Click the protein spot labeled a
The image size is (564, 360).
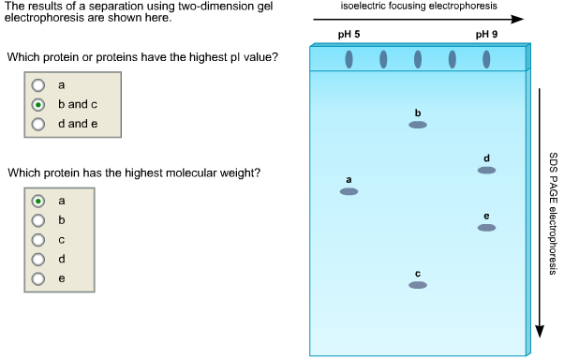(349, 191)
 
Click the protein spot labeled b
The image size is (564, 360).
(418, 124)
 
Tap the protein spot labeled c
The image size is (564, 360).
(418, 285)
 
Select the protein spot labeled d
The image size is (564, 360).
(486, 170)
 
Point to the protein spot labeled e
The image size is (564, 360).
(486, 228)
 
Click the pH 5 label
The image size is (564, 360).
(349, 35)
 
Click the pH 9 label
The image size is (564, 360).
(486, 35)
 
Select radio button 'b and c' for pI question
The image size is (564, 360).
(38, 104)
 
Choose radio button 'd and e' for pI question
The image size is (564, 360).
(38, 123)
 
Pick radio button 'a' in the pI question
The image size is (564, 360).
(38, 85)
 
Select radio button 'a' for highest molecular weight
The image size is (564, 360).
(38, 201)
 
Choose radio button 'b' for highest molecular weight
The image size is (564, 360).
(38, 220)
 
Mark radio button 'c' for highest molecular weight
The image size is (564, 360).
(38, 240)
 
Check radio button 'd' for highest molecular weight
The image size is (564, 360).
(38, 259)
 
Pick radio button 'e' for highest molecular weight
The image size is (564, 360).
(38, 278)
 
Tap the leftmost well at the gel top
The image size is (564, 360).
(349, 60)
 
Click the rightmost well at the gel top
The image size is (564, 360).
(486, 60)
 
